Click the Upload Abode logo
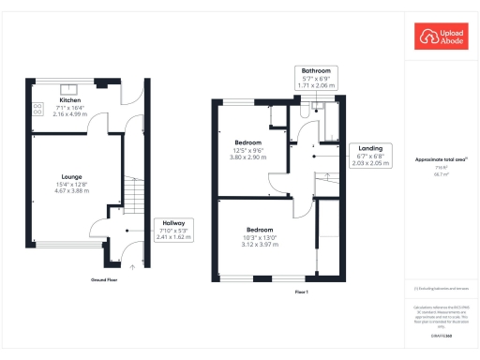[x=441, y=37]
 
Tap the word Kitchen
[x=71, y=100]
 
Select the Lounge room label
[x=71, y=176]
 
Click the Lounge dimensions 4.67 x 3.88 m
[x=71, y=191]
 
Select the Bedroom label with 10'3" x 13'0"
[x=260, y=230]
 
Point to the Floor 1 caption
[x=302, y=292]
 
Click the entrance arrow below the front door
[x=132, y=266]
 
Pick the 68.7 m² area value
[x=437, y=173]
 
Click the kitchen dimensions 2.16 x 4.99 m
[x=71, y=115]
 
